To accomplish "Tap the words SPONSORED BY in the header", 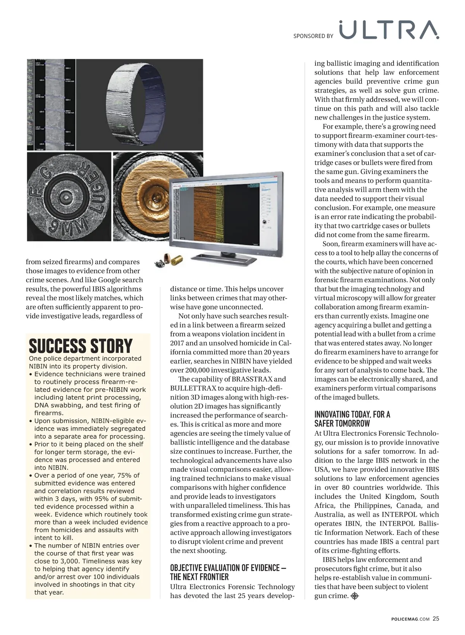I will [313, 36].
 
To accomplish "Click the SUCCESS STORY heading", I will [81, 345].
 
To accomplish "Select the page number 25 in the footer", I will [436, 618].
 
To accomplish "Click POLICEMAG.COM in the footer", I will [410, 619].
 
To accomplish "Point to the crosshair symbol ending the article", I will [355, 596].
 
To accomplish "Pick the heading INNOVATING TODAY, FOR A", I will [352, 414].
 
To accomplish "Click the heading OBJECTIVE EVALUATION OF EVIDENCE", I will [228, 568].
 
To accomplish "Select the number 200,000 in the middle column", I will [197, 370].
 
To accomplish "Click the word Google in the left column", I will [109, 280].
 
